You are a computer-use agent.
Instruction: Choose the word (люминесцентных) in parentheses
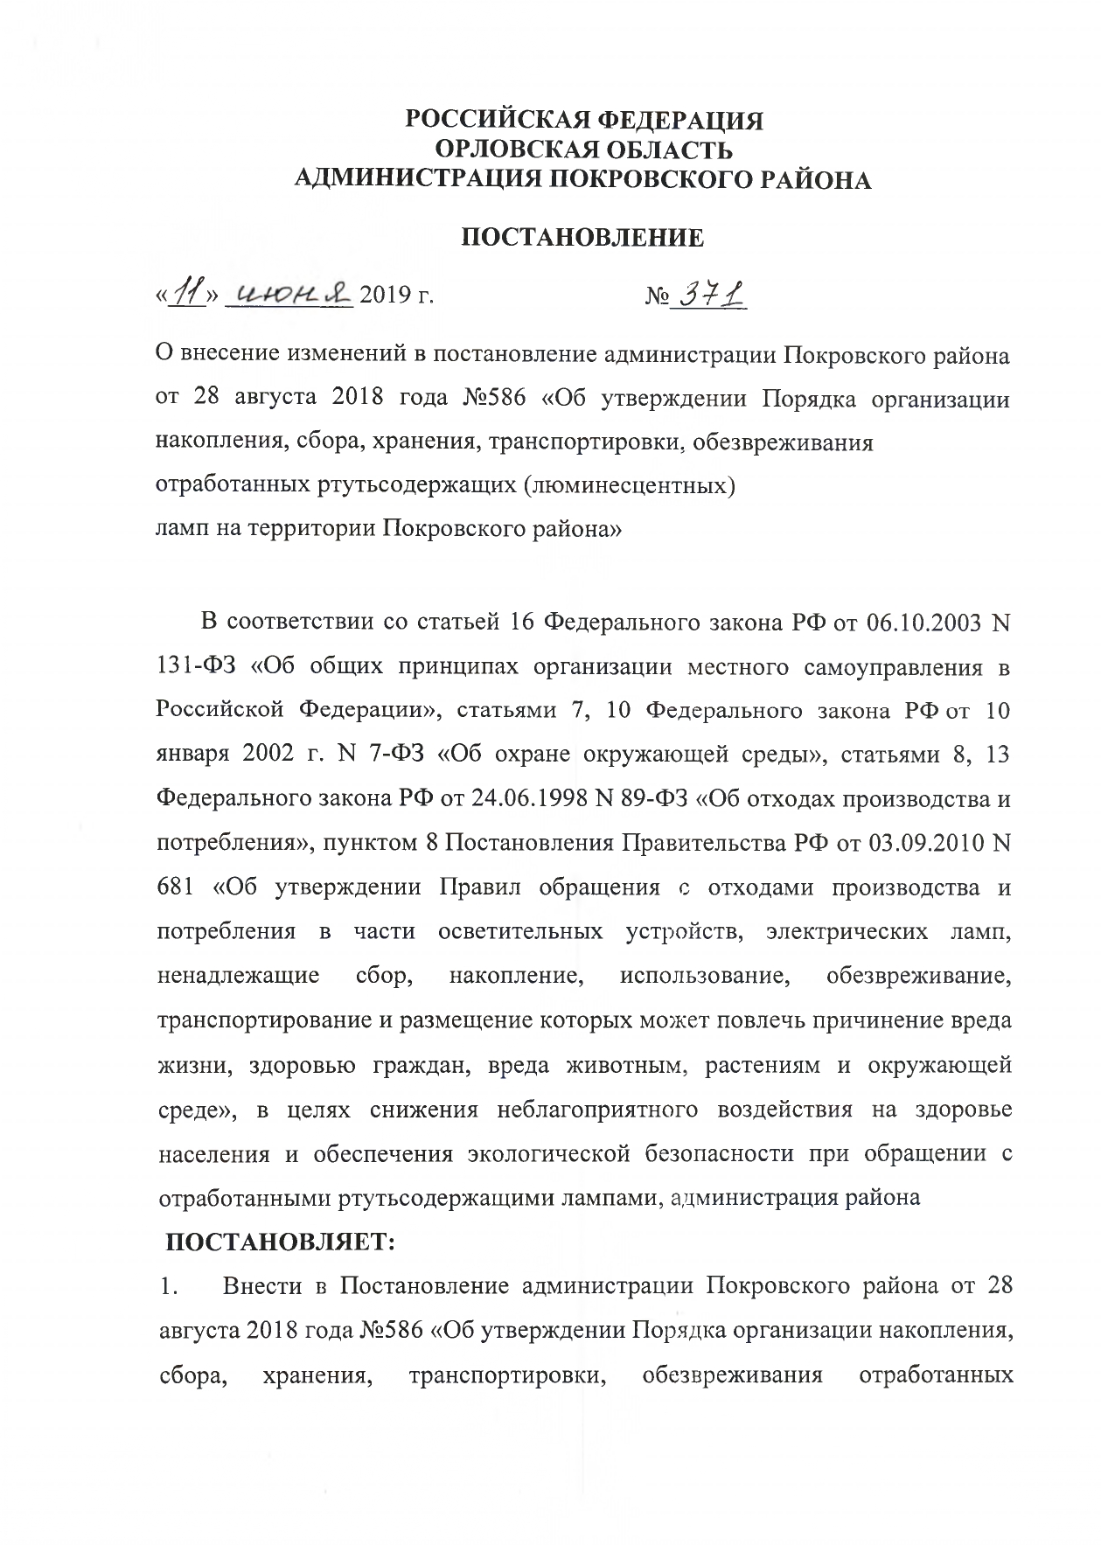[629, 486]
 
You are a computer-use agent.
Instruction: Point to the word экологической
[548, 1154]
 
